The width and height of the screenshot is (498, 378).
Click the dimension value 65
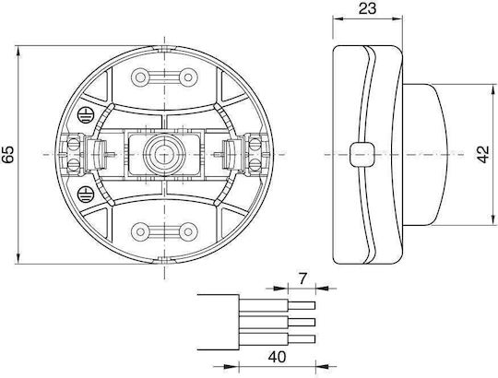pos(7,155)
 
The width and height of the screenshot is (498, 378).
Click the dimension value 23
pos(367,8)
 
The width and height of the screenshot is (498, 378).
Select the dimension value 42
pos(483,155)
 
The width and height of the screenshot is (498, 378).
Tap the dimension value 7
pos(302,278)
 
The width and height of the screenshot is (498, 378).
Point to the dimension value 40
pos(277,358)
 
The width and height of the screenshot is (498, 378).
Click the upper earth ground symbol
pos(85,116)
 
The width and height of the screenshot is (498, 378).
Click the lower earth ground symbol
pos(85,194)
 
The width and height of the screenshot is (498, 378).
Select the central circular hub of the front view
pos(164,155)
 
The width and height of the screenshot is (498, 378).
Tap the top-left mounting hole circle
pos(140,77)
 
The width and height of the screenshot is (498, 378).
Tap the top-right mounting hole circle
pos(188,77)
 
